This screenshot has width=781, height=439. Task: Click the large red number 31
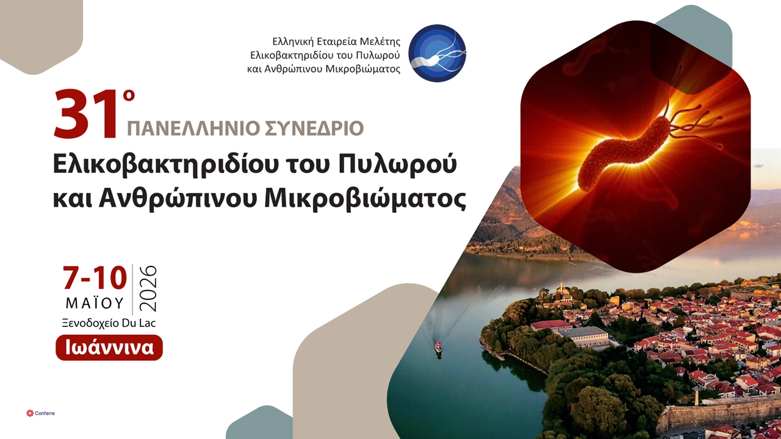[x=85, y=115]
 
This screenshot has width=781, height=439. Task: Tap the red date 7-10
[x=95, y=279]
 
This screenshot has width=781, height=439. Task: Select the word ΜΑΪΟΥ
[x=95, y=303]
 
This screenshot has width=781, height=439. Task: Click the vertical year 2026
[x=148, y=289]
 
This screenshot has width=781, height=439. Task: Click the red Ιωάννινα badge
[x=109, y=348]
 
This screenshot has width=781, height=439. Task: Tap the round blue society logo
[x=437, y=54]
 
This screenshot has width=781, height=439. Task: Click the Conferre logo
[x=40, y=413]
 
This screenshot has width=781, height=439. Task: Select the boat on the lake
[x=438, y=348]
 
